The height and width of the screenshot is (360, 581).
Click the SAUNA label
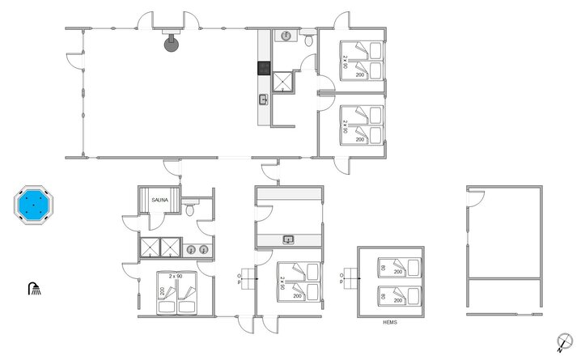[159, 196]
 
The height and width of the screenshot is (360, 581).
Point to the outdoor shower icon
[33, 287]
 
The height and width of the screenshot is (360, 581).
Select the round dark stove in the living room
[170, 43]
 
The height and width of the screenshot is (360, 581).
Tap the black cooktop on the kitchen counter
[263, 69]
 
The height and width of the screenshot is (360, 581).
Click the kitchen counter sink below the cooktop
[263, 100]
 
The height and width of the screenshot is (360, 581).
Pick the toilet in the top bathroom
[308, 38]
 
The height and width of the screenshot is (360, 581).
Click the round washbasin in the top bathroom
[286, 36]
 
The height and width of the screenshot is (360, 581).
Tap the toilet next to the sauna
[189, 210]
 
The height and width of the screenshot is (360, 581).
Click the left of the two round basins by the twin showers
[190, 249]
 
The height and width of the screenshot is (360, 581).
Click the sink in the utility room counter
[289, 239]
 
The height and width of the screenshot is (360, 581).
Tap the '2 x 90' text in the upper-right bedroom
[345, 61]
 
